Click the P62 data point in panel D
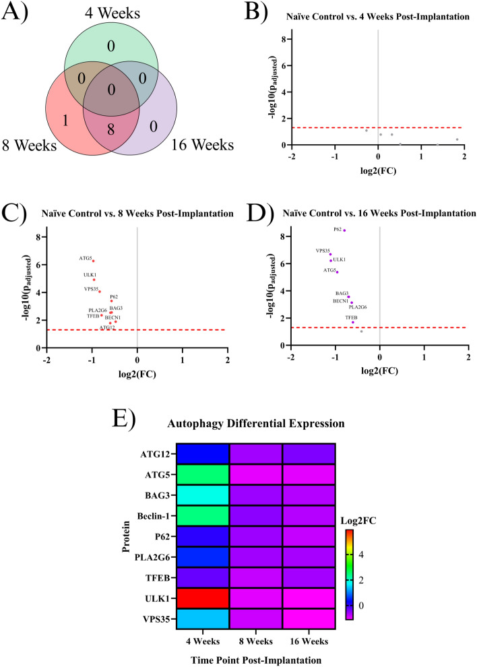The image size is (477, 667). [344, 230]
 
